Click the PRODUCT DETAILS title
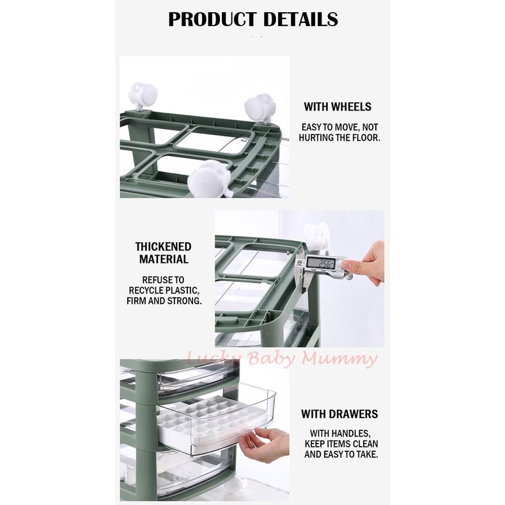[x=252, y=19]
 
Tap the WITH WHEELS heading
[x=337, y=107]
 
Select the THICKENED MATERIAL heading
[x=163, y=253]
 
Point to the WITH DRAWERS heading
[x=339, y=414]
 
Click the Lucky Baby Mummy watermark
[x=281, y=359]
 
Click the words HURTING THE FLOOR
[x=339, y=138]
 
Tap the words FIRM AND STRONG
[x=164, y=300]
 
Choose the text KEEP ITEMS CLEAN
[x=341, y=444]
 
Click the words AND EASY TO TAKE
[x=341, y=454]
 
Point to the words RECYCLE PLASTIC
[x=164, y=290]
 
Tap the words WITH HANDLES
[x=340, y=433]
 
